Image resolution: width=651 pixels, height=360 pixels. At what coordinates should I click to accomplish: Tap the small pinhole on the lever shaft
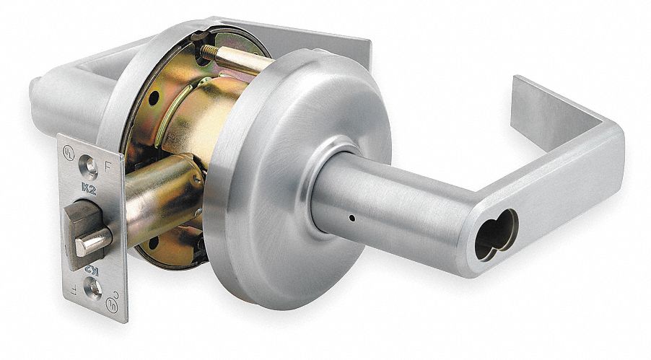pos(349,216)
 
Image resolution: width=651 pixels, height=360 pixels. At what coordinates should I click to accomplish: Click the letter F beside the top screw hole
pos(108,164)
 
